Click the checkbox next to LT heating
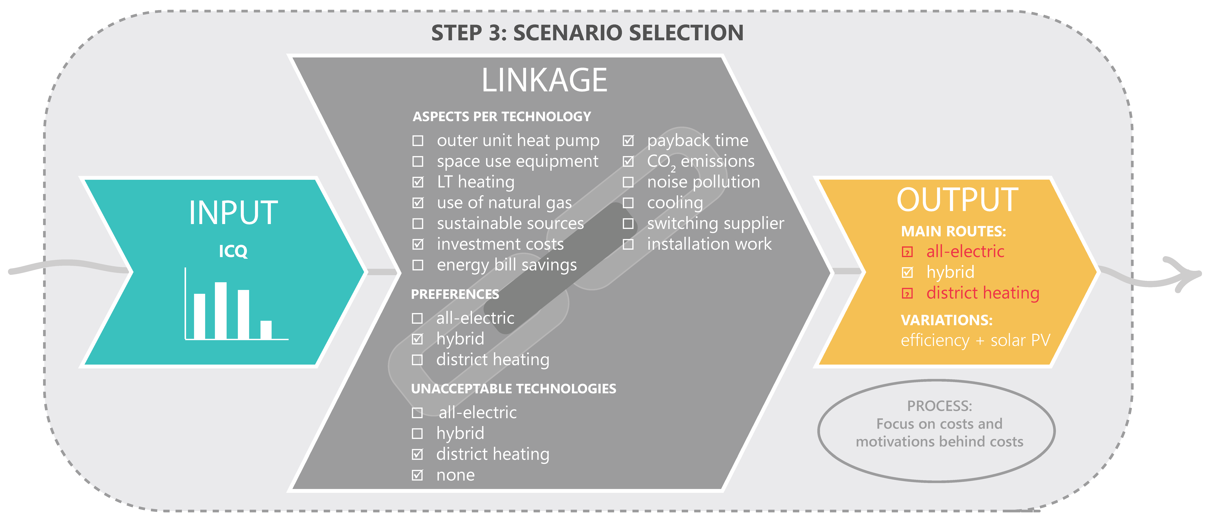[x=418, y=182]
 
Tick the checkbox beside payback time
[x=628, y=141]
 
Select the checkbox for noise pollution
[x=628, y=182]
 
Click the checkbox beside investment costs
[x=418, y=244]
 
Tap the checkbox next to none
[x=417, y=475]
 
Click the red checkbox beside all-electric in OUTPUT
[x=907, y=252]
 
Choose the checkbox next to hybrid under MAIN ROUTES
[x=907, y=272]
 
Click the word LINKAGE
[x=544, y=80]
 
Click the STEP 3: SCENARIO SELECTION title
[x=587, y=33]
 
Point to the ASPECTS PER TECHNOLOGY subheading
[x=502, y=117]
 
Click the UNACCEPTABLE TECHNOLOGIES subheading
[x=513, y=389]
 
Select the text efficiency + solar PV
[x=975, y=340]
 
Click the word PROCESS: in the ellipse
[x=939, y=405]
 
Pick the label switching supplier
[x=715, y=224]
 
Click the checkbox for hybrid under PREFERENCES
[x=417, y=339]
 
